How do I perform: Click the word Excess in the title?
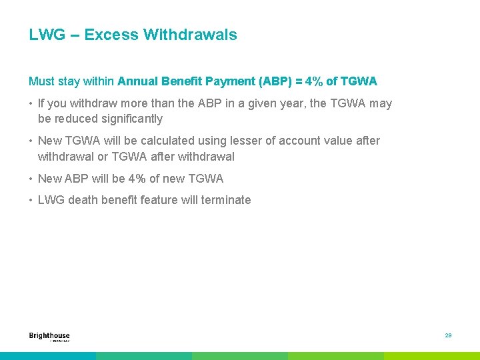[x=107, y=35]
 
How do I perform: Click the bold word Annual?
[x=137, y=81]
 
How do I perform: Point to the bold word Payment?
[x=229, y=81]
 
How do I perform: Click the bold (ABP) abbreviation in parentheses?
[x=274, y=81]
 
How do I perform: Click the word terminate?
[x=227, y=200]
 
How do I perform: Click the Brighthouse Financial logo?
[x=49, y=337]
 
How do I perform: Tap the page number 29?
[x=448, y=335]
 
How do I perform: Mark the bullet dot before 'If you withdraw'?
[x=31, y=104]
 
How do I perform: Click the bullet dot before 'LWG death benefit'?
[x=31, y=201]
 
